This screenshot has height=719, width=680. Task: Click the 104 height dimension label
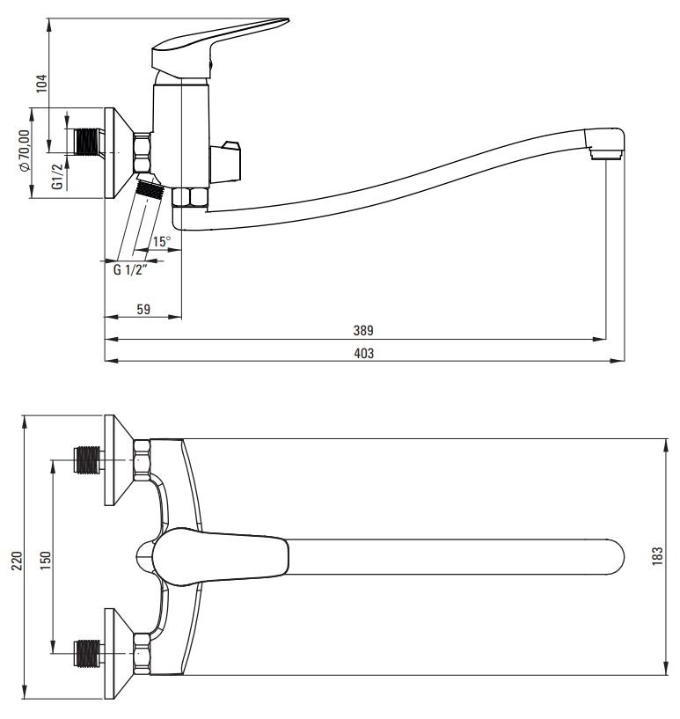pos(41,84)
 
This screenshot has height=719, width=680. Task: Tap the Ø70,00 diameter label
pos(24,150)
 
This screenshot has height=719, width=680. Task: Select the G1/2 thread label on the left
pos(57,176)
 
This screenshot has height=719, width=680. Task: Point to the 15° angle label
pos(161,241)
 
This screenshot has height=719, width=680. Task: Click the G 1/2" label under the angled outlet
pos(130,269)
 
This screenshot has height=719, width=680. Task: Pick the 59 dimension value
pos(143,309)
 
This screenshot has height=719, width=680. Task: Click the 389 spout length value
pos(363,330)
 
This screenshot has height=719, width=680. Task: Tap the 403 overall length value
pos(364,353)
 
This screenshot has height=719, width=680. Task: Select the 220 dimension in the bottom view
pos(17,561)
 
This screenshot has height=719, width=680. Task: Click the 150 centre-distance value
pos(46,561)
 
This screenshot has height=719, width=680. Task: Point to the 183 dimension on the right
pos(657,556)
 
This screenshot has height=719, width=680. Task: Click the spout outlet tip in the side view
pos(606,143)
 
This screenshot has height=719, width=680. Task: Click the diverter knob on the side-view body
pos(225,162)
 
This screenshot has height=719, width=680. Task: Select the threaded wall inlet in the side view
pos(87,141)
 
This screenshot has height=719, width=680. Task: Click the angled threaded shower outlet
pos(149,188)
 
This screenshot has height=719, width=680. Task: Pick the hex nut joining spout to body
pos(190,198)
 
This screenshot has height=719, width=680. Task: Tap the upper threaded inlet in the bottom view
pos(88,459)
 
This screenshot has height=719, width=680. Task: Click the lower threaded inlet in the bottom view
pos(88,652)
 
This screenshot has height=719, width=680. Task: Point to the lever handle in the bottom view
pos(220,556)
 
